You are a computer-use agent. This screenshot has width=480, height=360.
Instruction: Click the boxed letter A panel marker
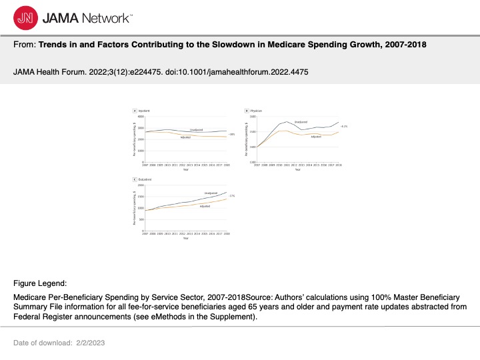click(x=135, y=110)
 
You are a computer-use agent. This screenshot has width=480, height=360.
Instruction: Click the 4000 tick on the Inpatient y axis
click(x=141, y=117)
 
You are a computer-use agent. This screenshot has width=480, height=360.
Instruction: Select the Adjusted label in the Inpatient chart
click(x=185, y=137)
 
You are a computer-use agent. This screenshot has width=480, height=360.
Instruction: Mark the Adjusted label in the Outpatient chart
click(x=205, y=206)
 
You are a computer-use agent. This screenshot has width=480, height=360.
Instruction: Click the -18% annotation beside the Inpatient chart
click(x=231, y=135)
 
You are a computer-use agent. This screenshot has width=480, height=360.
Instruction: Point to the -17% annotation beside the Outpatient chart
click(x=231, y=195)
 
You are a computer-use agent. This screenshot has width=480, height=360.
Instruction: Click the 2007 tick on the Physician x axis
click(x=257, y=164)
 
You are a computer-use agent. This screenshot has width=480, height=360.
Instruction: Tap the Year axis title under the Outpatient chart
click(x=185, y=239)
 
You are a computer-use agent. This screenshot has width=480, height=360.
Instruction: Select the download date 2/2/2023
click(x=90, y=342)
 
